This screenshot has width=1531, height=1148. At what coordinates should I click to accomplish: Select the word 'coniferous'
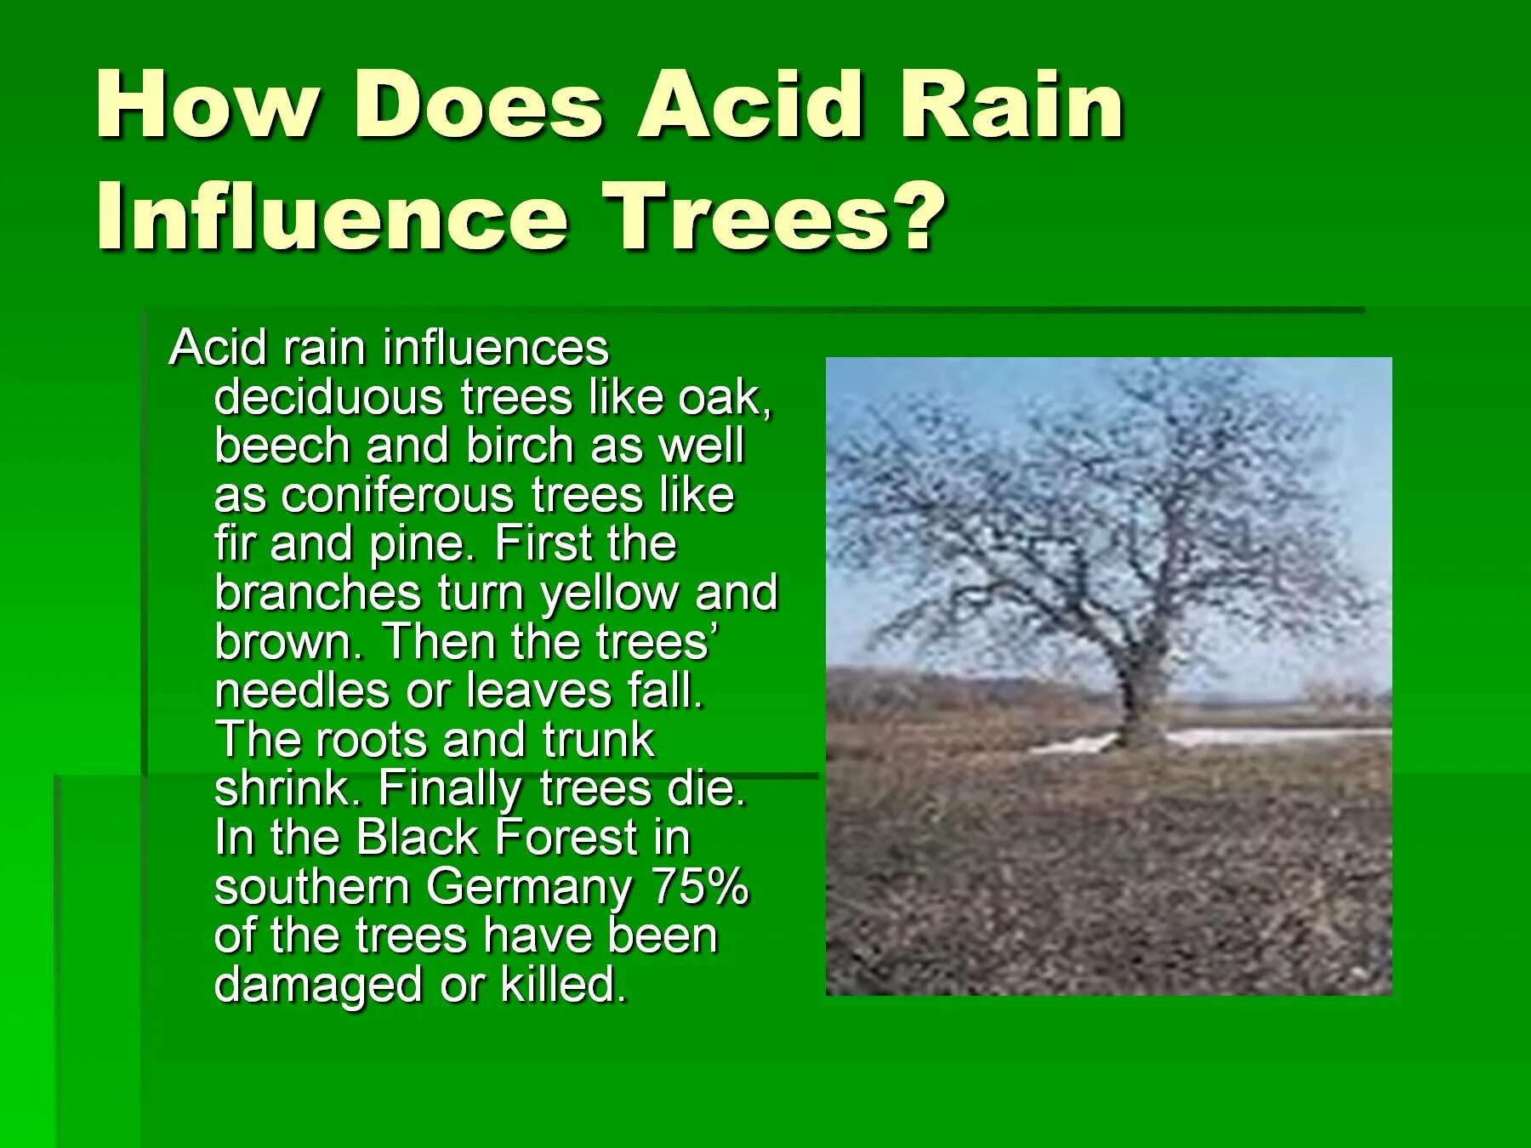[397, 496]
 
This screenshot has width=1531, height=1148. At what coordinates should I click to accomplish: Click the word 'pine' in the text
[419, 545]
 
